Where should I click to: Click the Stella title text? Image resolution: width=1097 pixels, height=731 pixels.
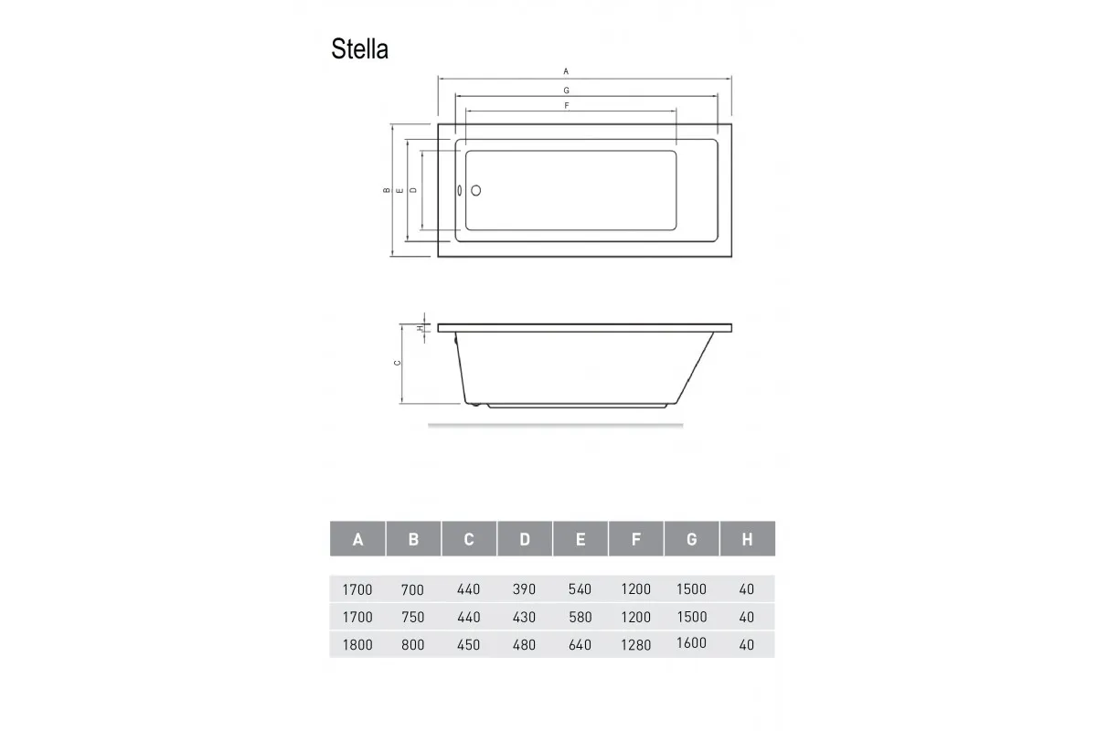tap(359, 49)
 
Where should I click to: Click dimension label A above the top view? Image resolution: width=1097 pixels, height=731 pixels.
tap(566, 71)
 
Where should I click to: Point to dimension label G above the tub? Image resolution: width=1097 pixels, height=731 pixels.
tap(566, 90)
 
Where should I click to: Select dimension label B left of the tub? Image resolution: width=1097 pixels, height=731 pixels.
tap(388, 191)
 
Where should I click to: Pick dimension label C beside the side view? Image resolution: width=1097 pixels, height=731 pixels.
tap(397, 364)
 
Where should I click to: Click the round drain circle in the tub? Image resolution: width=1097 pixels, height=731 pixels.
tap(474, 191)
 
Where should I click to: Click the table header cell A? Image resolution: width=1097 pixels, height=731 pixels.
tap(357, 539)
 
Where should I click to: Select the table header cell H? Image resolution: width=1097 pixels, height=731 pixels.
tap(747, 539)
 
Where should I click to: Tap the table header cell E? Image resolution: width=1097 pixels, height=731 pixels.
tap(580, 539)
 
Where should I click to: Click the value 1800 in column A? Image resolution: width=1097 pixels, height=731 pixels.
tap(357, 644)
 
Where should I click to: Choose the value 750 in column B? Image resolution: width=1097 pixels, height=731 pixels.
tap(413, 617)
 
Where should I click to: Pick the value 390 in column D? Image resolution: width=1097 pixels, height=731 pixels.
tap(524, 589)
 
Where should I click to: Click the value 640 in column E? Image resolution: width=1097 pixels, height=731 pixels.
tap(580, 644)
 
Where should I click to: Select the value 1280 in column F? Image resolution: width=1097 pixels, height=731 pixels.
tap(635, 644)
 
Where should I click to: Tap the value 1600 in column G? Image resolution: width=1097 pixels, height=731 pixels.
tap(691, 642)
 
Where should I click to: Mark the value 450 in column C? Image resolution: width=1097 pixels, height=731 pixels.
tap(468, 644)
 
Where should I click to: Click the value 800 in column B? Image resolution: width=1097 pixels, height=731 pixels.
tap(413, 644)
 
